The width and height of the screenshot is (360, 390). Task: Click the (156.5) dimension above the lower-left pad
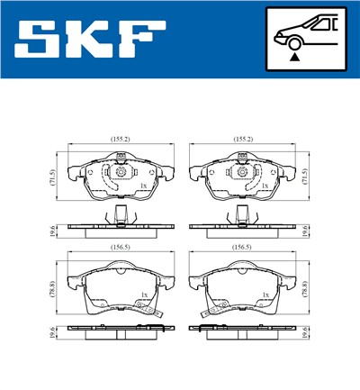(121, 244)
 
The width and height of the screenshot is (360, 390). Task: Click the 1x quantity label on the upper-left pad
(142, 186)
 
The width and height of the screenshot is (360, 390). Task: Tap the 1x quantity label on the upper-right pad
(265, 186)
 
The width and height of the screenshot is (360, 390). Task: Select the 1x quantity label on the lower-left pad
(143, 295)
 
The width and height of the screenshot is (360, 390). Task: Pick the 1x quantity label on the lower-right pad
(264, 295)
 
